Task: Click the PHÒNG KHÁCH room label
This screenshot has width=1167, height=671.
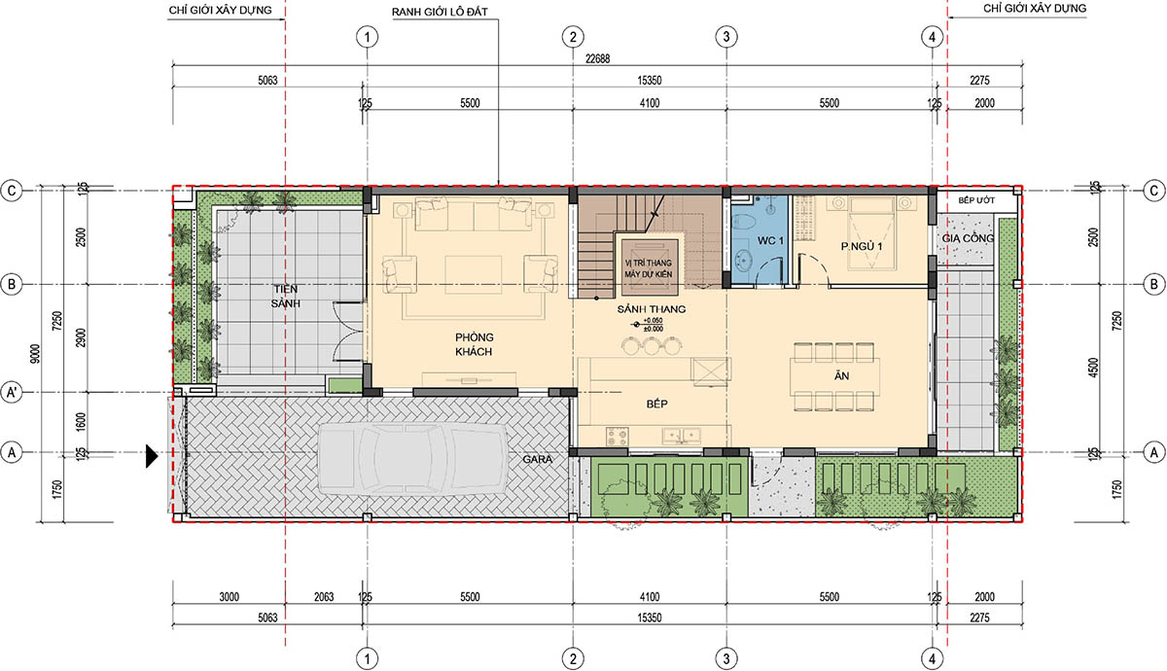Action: click(474, 344)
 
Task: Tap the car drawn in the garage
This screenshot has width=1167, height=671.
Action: click(412, 458)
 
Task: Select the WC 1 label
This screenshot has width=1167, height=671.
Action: click(770, 241)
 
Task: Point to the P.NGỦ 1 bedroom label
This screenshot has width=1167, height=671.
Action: click(862, 246)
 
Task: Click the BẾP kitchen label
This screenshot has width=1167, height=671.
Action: click(657, 404)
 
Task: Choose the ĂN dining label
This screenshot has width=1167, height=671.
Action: click(842, 375)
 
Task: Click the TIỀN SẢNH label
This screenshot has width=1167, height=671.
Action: click(286, 296)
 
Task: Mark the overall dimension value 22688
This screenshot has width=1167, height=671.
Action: click(597, 59)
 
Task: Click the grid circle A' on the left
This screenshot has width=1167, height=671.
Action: click(12, 392)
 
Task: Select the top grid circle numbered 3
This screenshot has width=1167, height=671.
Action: click(726, 37)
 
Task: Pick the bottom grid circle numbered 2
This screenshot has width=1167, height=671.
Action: click(573, 658)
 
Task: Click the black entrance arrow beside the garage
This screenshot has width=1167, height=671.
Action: click(152, 456)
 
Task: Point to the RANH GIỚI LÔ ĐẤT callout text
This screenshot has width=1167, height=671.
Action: click(440, 12)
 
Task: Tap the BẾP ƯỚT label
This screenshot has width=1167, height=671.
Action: click(976, 200)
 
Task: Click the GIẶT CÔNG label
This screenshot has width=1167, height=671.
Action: click(968, 238)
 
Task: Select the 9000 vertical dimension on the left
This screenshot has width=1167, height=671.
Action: click(35, 354)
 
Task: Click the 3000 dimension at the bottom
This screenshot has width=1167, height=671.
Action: click(229, 597)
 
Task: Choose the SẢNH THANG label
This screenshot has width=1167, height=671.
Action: click(652, 309)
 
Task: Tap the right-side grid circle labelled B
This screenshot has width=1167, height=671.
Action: click(1153, 284)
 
